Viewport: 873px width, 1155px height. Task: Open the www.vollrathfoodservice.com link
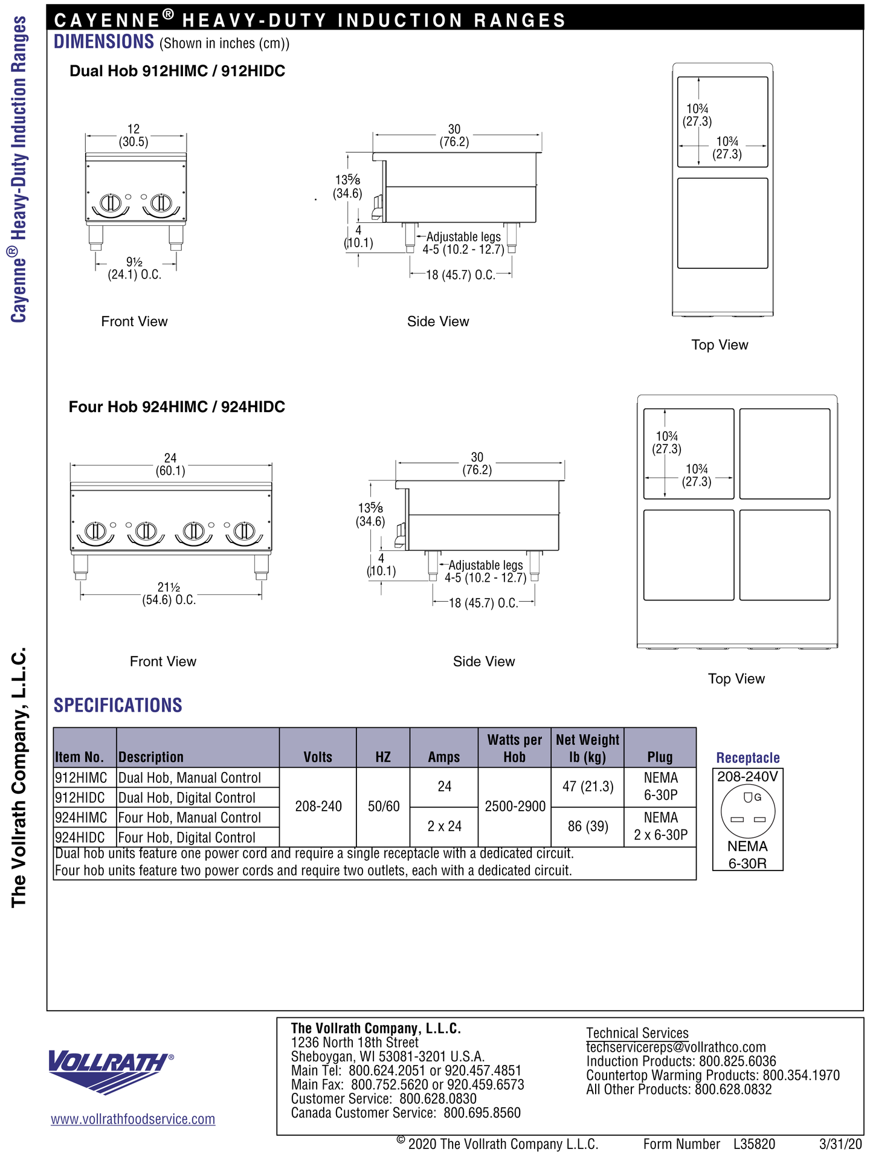(x=133, y=1119)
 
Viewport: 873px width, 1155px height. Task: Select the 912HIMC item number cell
(x=82, y=778)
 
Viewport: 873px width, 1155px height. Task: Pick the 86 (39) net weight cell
(x=588, y=826)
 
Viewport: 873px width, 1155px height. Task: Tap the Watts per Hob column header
(x=514, y=748)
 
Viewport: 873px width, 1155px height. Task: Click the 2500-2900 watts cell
(x=515, y=806)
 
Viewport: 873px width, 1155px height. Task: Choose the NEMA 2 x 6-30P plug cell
(x=660, y=826)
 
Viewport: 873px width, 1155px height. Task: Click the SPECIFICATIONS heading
(x=118, y=706)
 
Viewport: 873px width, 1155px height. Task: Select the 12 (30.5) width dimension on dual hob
(x=134, y=136)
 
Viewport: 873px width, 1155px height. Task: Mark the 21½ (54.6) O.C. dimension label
(x=169, y=594)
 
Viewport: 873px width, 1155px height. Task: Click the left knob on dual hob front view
(x=111, y=203)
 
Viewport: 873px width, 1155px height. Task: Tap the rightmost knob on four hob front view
(x=244, y=532)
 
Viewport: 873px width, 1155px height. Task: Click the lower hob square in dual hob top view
(x=723, y=223)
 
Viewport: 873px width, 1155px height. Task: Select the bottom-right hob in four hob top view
(x=785, y=555)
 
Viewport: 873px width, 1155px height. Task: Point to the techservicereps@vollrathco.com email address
(x=676, y=1047)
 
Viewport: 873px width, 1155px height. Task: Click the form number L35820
(x=754, y=1144)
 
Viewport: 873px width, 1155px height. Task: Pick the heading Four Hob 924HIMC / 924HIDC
(x=177, y=407)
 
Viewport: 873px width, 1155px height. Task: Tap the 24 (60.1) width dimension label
(x=170, y=465)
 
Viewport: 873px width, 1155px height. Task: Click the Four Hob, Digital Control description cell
(x=187, y=838)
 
